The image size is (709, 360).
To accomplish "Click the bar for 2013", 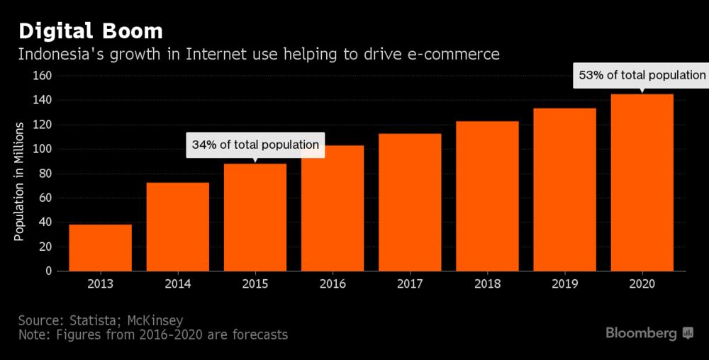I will coord(100,247).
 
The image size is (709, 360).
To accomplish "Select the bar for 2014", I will coord(177,227).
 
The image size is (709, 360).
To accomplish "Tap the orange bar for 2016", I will coord(333,208).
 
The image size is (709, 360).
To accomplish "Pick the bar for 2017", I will coord(410,202).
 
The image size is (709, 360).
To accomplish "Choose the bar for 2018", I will coord(487,196).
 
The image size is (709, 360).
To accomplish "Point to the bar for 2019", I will coord(564,189).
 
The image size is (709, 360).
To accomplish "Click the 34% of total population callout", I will coord(255,145).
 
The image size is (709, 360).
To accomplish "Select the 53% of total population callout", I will coord(642,75).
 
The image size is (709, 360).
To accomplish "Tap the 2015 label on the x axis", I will coord(255,283).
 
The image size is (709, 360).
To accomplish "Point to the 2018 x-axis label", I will coord(487,283).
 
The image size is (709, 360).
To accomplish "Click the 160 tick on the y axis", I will coord(44,76).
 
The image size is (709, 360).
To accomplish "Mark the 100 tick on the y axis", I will coord(44,149).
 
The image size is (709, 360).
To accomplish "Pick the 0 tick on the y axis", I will coord(50,271).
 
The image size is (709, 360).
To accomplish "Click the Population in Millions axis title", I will coord(20,181).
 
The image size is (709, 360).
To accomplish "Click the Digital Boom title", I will coord(90,32).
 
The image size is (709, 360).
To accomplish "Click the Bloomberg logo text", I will coord(641,333).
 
